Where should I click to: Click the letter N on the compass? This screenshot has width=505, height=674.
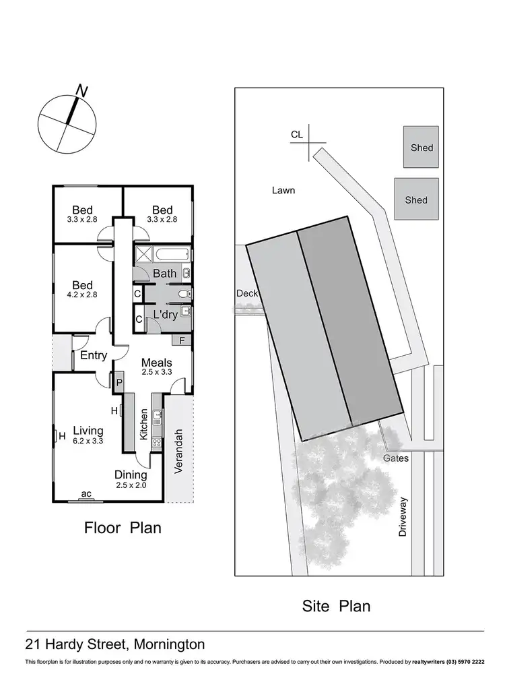[x=83, y=90]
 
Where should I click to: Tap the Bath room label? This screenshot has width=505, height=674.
[x=164, y=273]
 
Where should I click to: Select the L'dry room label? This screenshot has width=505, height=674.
[x=165, y=315]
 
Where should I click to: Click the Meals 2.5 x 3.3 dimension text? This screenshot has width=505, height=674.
[x=156, y=371]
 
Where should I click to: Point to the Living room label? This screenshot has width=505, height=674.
[x=88, y=431]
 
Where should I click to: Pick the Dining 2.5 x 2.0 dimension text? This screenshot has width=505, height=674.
[x=131, y=485]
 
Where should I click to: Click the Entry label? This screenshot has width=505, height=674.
[x=94, y=355]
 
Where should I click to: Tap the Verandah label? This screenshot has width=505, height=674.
[x=179, y=452]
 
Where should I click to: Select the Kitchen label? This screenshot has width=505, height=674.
[x=143, y=425]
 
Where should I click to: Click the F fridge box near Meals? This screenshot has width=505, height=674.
[x=182, y=341]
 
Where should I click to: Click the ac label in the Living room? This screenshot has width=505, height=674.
[x=86, y=494]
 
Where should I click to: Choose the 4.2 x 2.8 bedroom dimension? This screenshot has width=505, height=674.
[x=82, y=295]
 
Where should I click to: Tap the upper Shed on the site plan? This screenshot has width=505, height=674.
[x=421, y=148]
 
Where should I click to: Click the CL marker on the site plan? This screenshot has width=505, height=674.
[x=297, y=135]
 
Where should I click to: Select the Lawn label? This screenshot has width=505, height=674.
[x=283, y=190]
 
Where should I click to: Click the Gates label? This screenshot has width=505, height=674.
[x=395, y=458]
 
